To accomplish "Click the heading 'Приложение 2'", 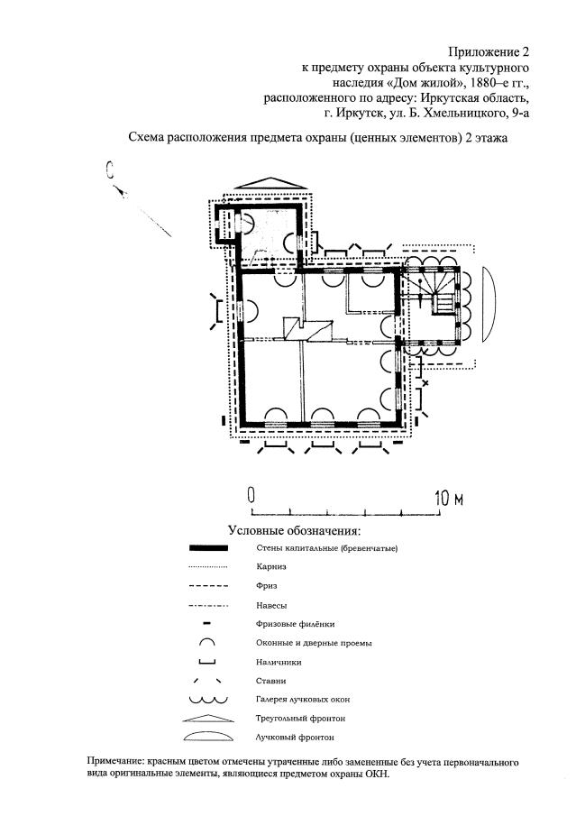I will [487, 52].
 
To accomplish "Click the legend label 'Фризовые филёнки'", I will [281, 624].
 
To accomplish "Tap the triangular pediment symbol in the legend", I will [208, 719].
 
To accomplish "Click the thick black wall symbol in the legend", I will [208, 548].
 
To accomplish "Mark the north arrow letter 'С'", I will [108, 169].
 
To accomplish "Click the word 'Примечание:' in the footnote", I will [119, 763].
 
